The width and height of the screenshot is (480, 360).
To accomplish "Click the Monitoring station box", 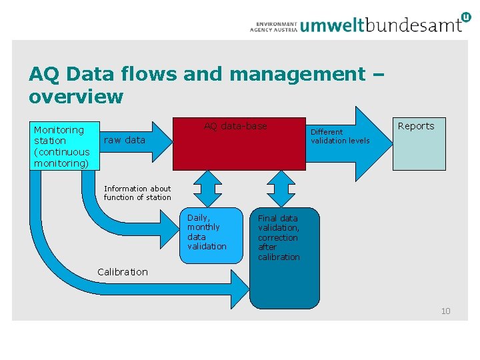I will pos(64,146).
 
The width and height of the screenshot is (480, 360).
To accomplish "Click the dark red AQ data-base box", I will pos(236,150).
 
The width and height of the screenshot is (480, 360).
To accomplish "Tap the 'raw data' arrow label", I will pos(125,140).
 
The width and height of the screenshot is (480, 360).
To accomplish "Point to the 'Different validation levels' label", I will pos(340,136).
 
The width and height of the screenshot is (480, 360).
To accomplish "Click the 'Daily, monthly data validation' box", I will pos(211,235).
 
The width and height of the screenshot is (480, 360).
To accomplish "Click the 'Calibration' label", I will pos(123,271).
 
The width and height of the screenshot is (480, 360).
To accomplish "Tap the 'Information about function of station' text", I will pos(137,193).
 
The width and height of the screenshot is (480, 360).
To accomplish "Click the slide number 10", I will pos(446,311).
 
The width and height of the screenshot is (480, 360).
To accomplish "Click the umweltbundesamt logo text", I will pos(381,25).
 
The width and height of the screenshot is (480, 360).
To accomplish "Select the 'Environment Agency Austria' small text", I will pos(273,26).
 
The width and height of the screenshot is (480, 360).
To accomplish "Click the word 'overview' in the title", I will pos(76,97).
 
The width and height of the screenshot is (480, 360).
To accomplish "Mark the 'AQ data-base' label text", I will pos(235,126).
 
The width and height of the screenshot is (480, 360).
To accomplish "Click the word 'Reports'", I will pos(416,126).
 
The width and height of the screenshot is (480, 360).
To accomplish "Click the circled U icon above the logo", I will pos(465,16).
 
